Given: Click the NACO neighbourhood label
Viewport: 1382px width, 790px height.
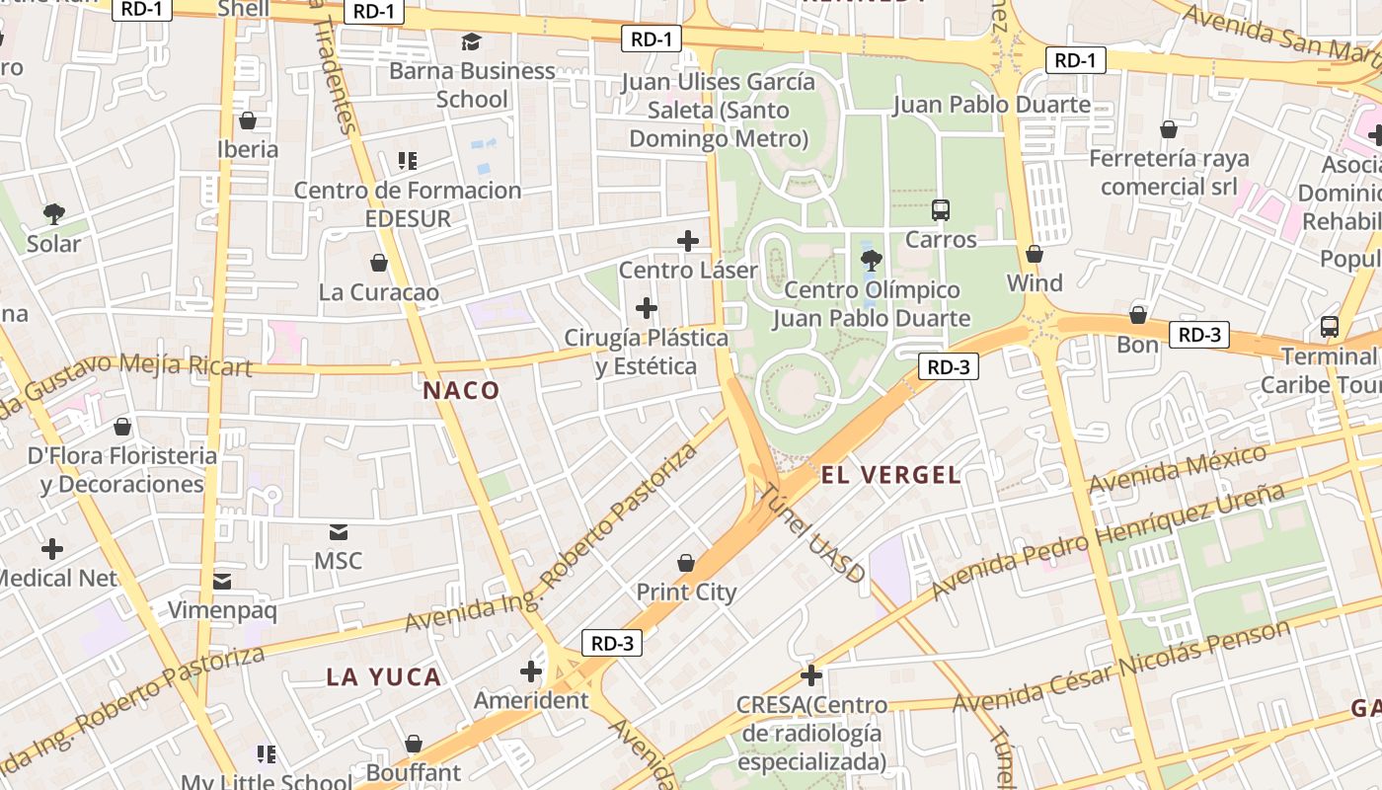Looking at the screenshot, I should (461, 391).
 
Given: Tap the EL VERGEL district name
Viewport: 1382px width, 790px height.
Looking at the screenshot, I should (890, 475).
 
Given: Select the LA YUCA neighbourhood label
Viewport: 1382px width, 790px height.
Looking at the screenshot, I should (383, 677).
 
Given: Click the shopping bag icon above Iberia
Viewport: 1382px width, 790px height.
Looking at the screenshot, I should (248, 120).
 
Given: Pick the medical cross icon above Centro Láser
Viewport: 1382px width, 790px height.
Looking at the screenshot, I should (688, 241).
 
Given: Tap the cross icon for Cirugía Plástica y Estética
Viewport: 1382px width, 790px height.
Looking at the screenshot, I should (647, 309).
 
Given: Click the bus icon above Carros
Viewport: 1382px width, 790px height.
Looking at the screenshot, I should (941, 210).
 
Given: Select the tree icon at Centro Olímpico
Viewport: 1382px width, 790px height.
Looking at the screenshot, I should (871, 261).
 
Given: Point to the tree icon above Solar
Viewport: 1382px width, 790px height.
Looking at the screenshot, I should (53, 214).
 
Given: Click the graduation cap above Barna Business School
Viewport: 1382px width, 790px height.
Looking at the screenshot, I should (471, 41).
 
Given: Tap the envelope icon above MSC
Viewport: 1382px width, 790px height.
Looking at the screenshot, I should (339, 532).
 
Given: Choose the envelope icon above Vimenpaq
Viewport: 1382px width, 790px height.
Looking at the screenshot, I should (222, 582).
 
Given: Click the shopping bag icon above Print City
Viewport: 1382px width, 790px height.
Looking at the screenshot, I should (686, 564).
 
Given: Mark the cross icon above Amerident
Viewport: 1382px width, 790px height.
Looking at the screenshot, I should (531, 672).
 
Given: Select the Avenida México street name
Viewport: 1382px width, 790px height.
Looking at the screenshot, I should (1177, 469).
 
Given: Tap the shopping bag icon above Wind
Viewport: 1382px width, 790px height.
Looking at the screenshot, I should (1035, 255).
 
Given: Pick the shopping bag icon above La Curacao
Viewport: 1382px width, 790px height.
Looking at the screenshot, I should (378, 263).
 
